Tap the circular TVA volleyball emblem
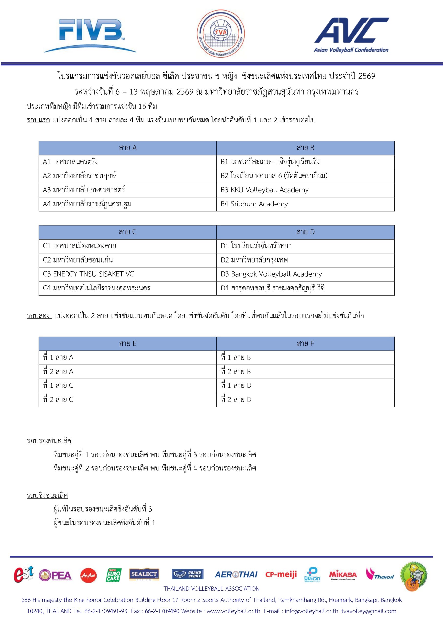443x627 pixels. point(221,34)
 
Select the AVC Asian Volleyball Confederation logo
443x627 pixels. point(351,35)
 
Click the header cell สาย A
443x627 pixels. point(128,148)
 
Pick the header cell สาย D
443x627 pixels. point(306,232)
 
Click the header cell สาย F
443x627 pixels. point(306,344)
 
